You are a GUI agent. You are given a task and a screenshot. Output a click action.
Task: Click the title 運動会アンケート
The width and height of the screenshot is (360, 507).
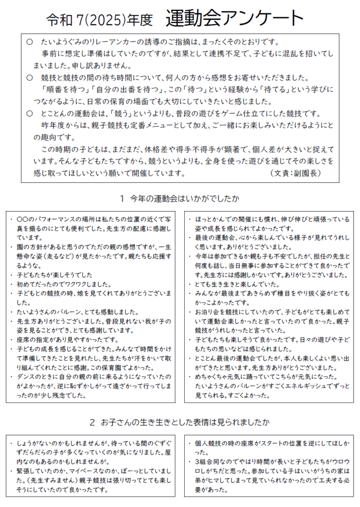coord(235,18)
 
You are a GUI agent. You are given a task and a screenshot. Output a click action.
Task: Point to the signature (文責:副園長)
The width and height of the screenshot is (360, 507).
coord(296,173)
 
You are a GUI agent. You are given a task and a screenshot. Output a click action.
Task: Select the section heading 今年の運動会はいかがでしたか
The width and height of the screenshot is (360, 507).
coord(185,199)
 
